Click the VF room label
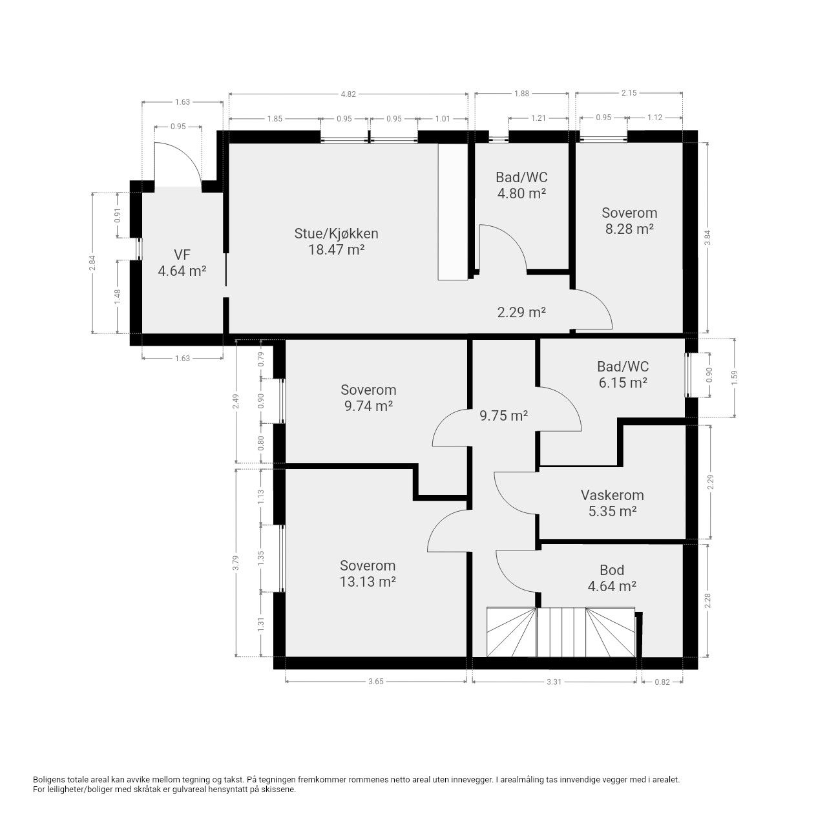click(x=182, y=255)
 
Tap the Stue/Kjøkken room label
click(x=336, y=233)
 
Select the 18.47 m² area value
click(x=337, y=249)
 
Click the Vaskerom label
click(x=612, y=496)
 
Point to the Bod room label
click(x=612, y=571)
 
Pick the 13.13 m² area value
click(x=368, y=582)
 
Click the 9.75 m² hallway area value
click(x=503, y=415)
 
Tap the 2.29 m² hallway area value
click(x=521, y=312)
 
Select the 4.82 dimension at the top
click(x=348, y=94)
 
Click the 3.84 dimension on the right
click(x=707, y=238)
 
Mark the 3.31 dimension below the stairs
click(x=554, y=682)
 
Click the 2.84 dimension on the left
click(x=92, y=263)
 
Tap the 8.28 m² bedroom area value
click(x=629, y=229)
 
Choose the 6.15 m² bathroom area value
click(x=623, y=382)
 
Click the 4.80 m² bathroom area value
click(x=521, y=193)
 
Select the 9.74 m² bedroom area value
click(x=369, y=406)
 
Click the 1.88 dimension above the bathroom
click(x=521, y=94)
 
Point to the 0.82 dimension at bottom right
click(x=662, y=682)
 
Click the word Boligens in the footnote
click(x=49, y=780)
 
